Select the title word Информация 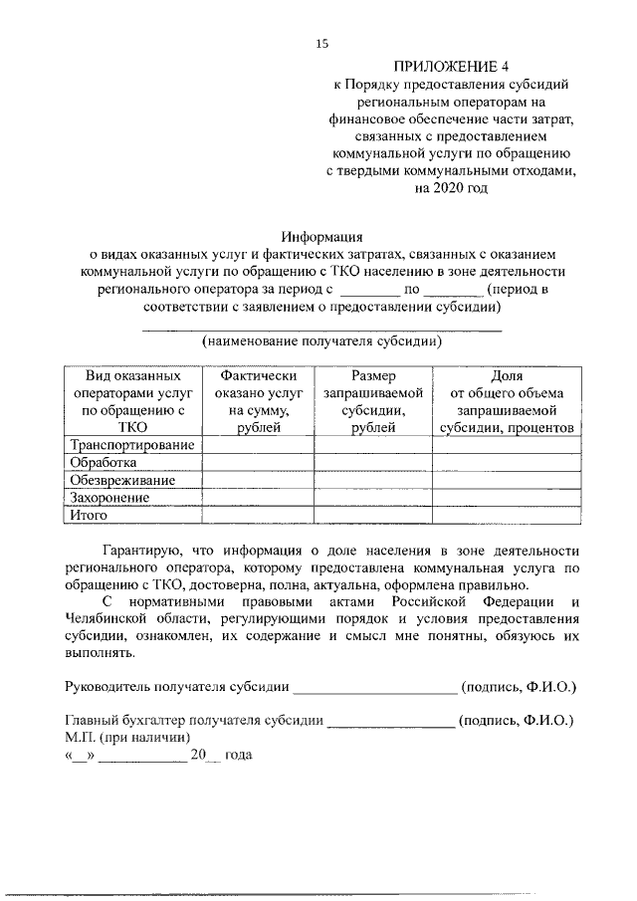pyautogui.click(x=321, y=236)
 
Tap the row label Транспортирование pyautogui.click(x=130, y=444)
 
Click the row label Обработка pyautogui.click(x=102, y=462)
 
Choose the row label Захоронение pyautogui.click(x=109, y=498)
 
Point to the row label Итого pyautogui.click(x=89, y=516)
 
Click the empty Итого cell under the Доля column pyautogui.click(x=507, y=516)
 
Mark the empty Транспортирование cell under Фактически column pyautogui.click(x=258, y=444)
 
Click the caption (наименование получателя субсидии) pyautogui.click(x=321, y=341)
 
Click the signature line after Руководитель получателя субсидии pyautogui.click(x=374, y=687)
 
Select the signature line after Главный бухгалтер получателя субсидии pyautogui.click(x=391, y=721)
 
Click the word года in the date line pyautogui.click(x=239, y=756)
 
